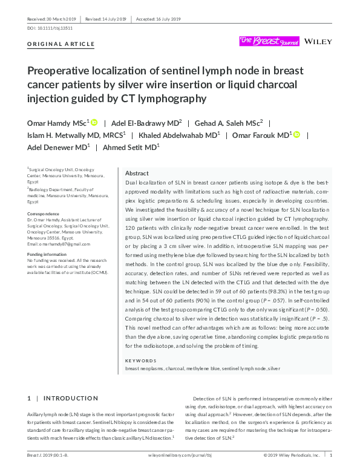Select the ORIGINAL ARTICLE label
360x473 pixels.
pyautogui.click(x=61, y=44)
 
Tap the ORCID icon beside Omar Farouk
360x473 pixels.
pyautogui.click(x=296, y=134)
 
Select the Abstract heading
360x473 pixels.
pyautogui.click(x=137, y=172)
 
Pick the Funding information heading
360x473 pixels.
pyautogui.click(x=48, y=254)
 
